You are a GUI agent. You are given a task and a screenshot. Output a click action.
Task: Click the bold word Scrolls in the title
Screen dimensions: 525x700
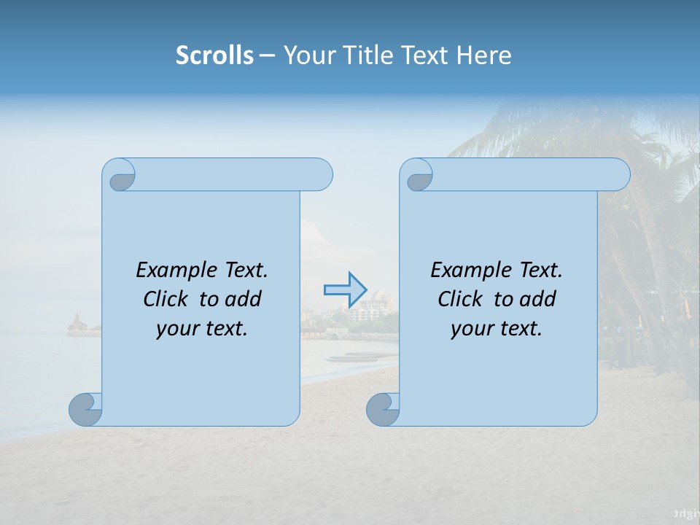point(214,55)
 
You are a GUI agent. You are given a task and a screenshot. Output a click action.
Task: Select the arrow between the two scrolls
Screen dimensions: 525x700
point(345,289)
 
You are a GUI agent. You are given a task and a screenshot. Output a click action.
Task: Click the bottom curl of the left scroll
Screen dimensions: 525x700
point(86,409)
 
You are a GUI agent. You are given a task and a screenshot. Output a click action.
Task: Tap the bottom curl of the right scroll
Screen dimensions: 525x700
point(383,409)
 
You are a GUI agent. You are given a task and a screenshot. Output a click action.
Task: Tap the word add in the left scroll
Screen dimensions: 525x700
point(244,299)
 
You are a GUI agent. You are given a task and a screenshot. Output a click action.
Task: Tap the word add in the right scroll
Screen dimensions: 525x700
point(539,299)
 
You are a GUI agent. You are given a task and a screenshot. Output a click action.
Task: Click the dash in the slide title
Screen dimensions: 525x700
point(267,55)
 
